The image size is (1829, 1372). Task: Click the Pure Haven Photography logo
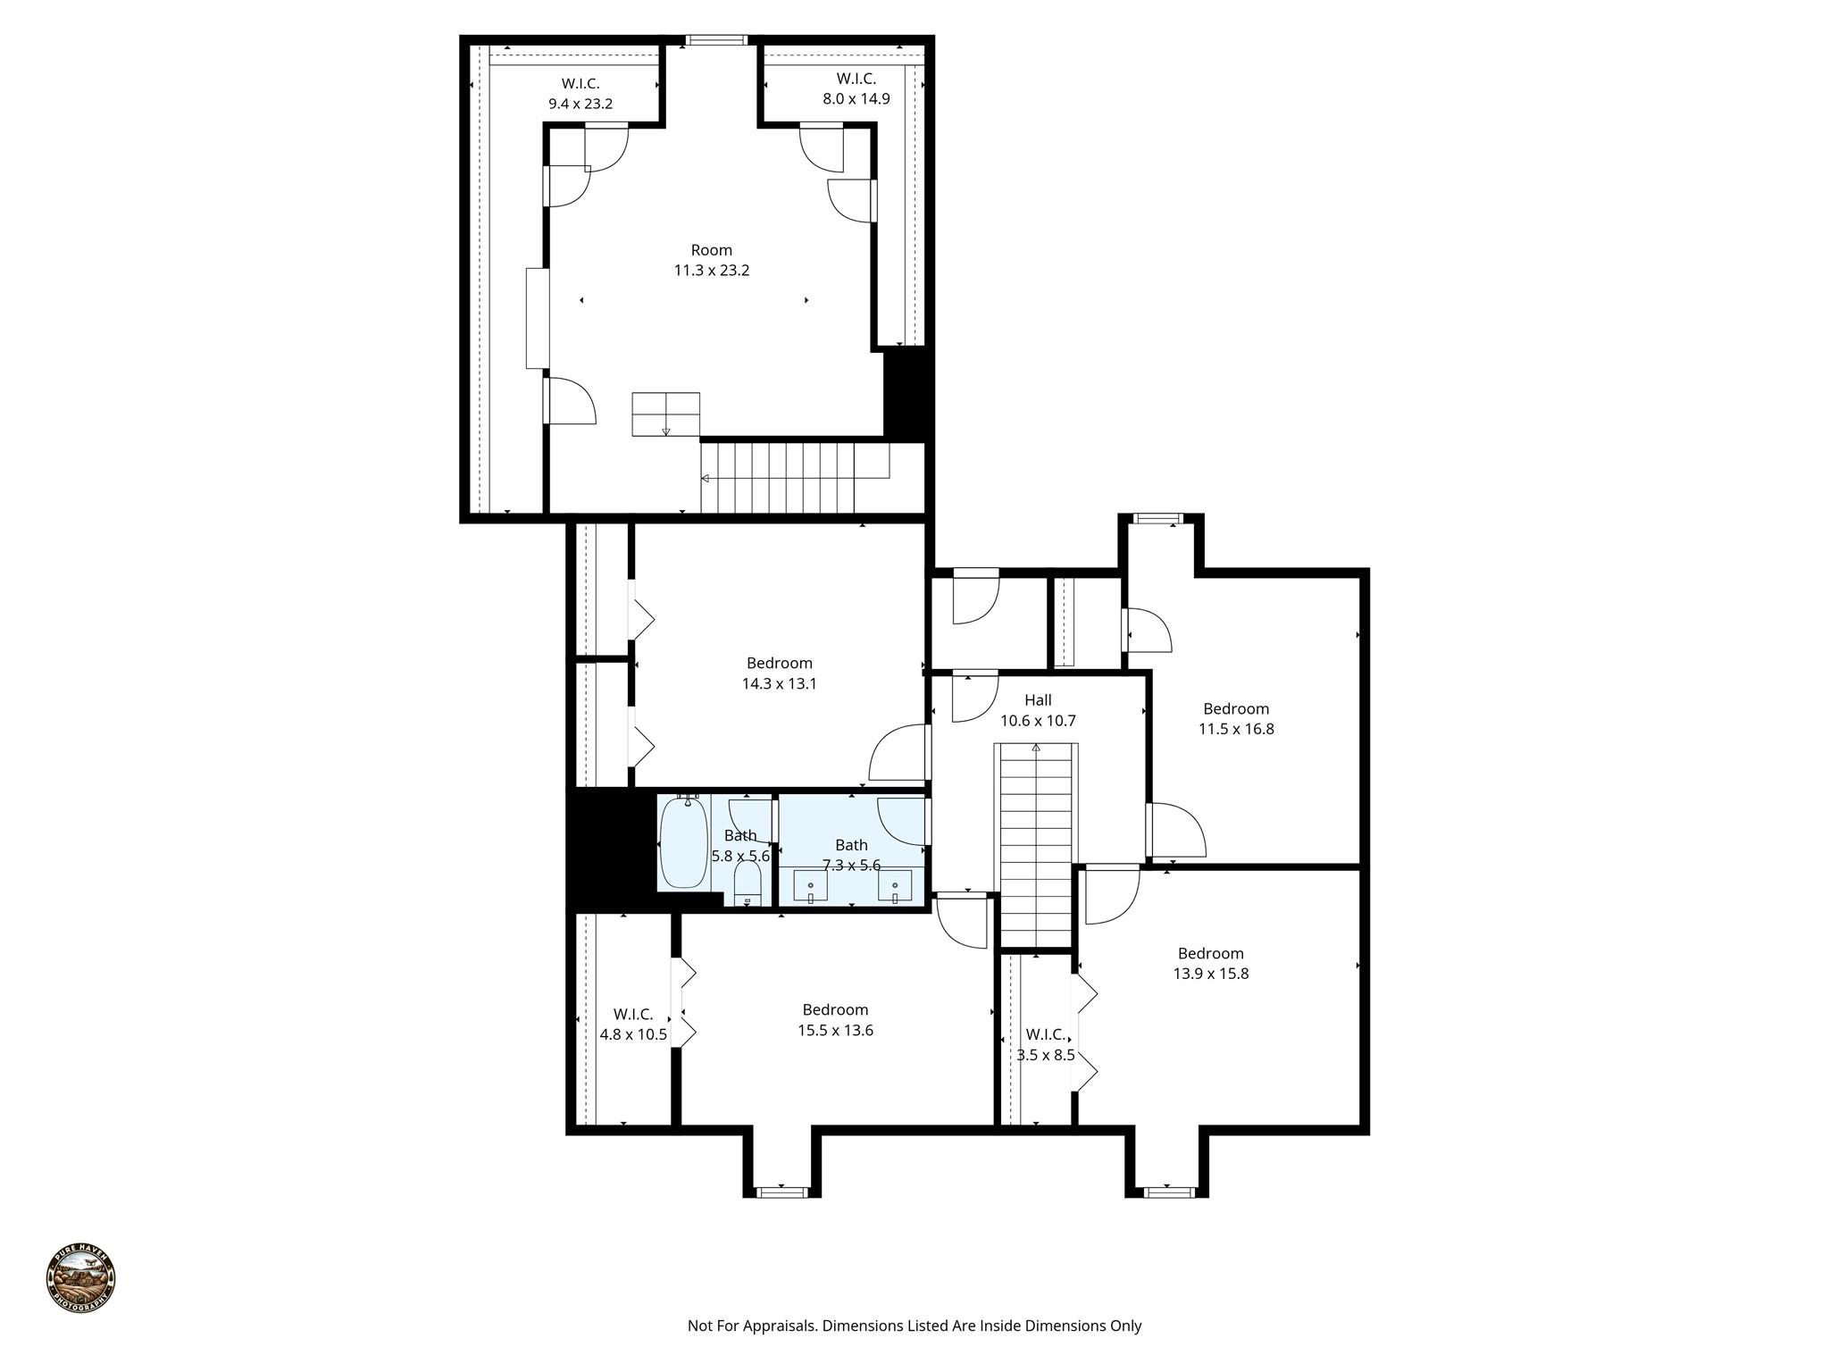[x=80, y=1277]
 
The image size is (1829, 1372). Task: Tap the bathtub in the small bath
[x=684, y=841]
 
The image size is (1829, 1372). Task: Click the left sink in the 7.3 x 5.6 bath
[x=810, y=886]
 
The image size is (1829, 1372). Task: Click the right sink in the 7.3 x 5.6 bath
[x=894, y=886]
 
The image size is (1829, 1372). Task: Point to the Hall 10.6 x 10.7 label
[x=1038, y=710]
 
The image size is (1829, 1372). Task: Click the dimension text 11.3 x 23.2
[x=711, y=271]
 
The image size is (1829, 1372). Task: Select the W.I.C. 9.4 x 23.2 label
[x=580, y=94]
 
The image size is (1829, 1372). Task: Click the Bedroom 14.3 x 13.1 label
[x=779, y=673]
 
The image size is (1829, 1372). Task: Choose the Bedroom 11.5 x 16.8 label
[x=1235, y=719]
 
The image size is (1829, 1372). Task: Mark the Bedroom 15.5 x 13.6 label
[x=834, y=1020]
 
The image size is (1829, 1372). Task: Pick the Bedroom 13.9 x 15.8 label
[x=1210, y=963]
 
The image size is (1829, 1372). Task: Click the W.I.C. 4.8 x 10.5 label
[x=632, y=1025]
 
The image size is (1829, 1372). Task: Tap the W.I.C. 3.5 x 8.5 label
[x=1045, y=1044]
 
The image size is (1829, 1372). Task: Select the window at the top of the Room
[x=715, y=39]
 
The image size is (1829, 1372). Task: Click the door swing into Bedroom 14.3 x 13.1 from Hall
[x=898, y=753]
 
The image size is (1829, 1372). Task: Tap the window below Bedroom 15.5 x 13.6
[x=781, y=1192]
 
